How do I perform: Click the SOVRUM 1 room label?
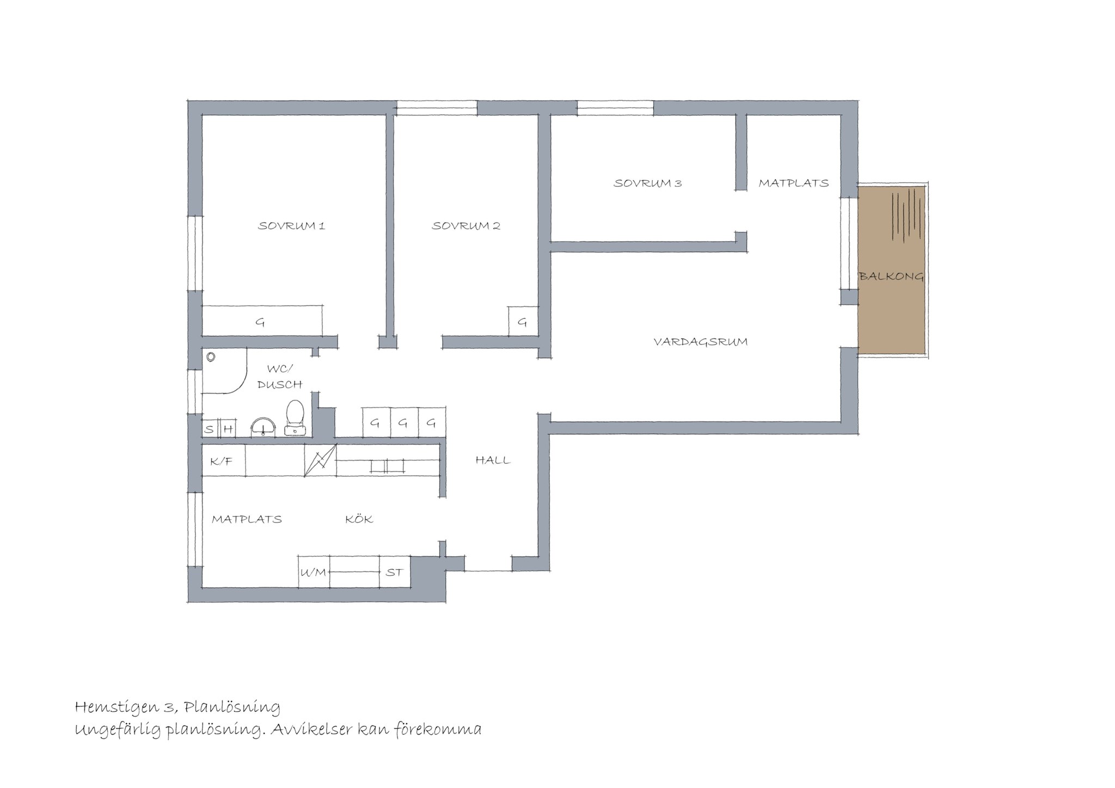coord(291,226)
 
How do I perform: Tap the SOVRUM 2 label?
coord(466,226)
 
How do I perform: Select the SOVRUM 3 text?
coord(648,183)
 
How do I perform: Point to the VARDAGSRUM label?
coord(700,342)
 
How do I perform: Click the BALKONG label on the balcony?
coord(891,276)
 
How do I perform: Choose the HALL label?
coord(493,460)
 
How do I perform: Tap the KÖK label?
coord(359,519)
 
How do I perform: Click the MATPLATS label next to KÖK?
coord(247,519)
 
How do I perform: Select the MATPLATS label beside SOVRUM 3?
coord(794,183)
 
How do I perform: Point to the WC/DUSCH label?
coord(280,377)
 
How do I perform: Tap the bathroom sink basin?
coord(264,426)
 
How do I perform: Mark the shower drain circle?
coord(211,358)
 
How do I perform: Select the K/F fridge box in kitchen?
coord(223,460)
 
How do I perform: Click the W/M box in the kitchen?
coord(314,572)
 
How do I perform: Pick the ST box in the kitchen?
coord(395,572)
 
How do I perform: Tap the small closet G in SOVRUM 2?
coord(523,322)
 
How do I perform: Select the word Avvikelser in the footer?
coord(311,729)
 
